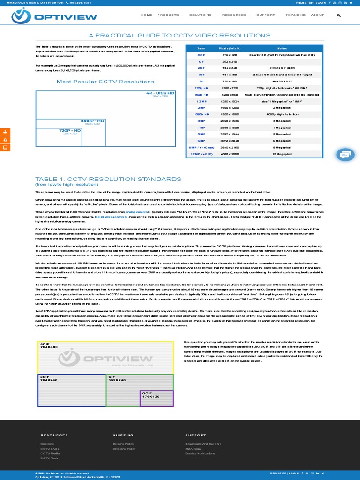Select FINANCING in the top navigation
pos(295,15)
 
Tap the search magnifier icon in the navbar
pos(339,15)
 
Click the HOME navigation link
pos(147,15)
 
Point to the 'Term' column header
pos(202,48)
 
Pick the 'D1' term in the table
pos(202,81)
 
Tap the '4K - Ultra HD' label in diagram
pos(160,93)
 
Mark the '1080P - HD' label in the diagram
pos(92,121)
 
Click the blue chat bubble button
pos(345,154)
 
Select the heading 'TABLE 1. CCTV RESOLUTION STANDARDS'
pos(108,179)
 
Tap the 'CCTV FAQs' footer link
pos(50,449)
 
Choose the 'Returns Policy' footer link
pos(123,444)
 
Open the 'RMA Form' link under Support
pos(193,449)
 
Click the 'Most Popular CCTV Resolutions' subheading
pos(105,82)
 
